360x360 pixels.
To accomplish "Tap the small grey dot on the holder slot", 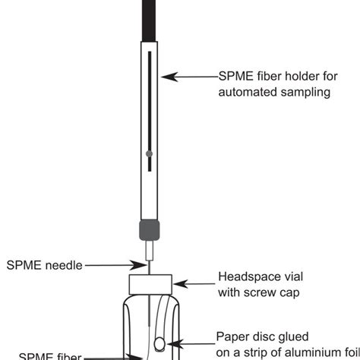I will [150, 154].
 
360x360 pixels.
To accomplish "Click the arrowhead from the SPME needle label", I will [144, 265].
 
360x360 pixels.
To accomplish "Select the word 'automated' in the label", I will [245, 93].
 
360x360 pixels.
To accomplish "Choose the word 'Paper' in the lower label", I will [232, 336].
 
